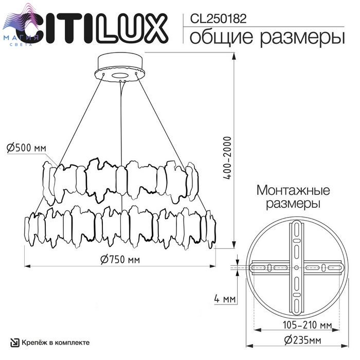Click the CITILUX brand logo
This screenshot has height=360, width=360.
click(92, 28)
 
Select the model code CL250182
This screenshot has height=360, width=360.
click(219, 19)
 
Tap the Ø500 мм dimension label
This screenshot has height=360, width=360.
click(26, 148)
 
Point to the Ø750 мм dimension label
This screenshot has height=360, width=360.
click(120, 259)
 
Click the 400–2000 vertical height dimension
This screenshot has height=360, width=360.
click(227, 158)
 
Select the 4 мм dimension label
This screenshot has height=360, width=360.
click(225, 299)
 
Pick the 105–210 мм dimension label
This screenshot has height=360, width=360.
click(307, 325)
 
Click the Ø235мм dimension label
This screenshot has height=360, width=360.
click(302, 340)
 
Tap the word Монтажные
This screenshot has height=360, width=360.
click(293, 190)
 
